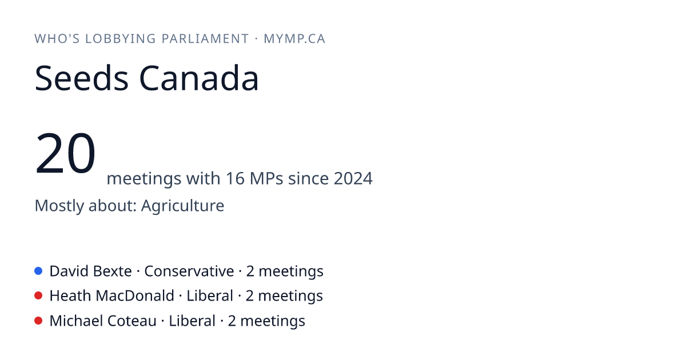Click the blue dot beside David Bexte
pos(38,271)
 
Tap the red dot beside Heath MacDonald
pos(38,296)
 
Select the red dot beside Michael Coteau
pos(38,321)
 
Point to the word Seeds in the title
pos(81,78)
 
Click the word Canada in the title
pos(199,78)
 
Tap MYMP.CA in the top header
pos(294,39)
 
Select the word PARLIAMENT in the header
pos(205,39)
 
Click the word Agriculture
pos(182,205)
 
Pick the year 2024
pos(353,178)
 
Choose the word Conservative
pos(189,271)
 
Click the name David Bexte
pos(91,271)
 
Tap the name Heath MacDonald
pos(112,296)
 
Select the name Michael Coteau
pos(103,321)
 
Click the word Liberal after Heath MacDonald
pos(210,296)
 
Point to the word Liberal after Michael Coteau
pos(192,321)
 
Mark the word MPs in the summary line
pos(266,178)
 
